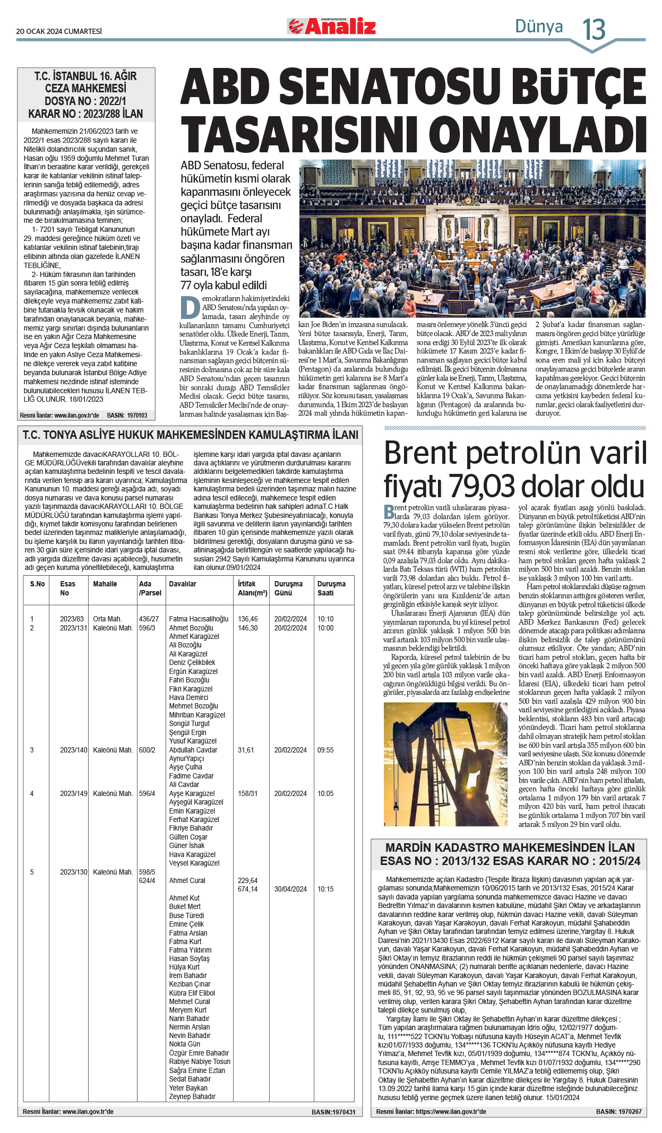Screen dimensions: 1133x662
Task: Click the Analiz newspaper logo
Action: click(x=332, y=26)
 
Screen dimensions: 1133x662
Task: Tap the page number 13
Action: click(x=594, y=30)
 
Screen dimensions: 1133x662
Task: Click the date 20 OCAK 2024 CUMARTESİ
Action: click(x=59, y=31)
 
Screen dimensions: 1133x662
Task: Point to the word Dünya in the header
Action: click(x=539, y=26)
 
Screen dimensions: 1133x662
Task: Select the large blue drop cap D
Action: click(x=190, y=307)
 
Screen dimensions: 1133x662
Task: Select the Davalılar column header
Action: click(x=183, y=584)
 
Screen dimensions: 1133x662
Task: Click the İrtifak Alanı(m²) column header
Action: click(x=252, y=588)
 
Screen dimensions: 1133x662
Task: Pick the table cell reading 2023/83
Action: click(x=72, y=619)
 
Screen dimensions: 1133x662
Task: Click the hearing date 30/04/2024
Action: click(x=290, y=889)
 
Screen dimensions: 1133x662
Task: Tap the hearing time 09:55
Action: click(x=325, y=750)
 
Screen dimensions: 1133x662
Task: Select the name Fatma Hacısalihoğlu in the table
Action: click(x=199, y=619)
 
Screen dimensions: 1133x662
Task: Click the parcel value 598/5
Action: click(x=147, y=872)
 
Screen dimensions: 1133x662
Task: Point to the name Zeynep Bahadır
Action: click(x=192, y=1096)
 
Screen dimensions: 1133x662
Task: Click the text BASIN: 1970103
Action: click(x=127, y=415)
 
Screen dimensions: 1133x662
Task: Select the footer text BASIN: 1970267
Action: click(x=618, y=1111)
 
